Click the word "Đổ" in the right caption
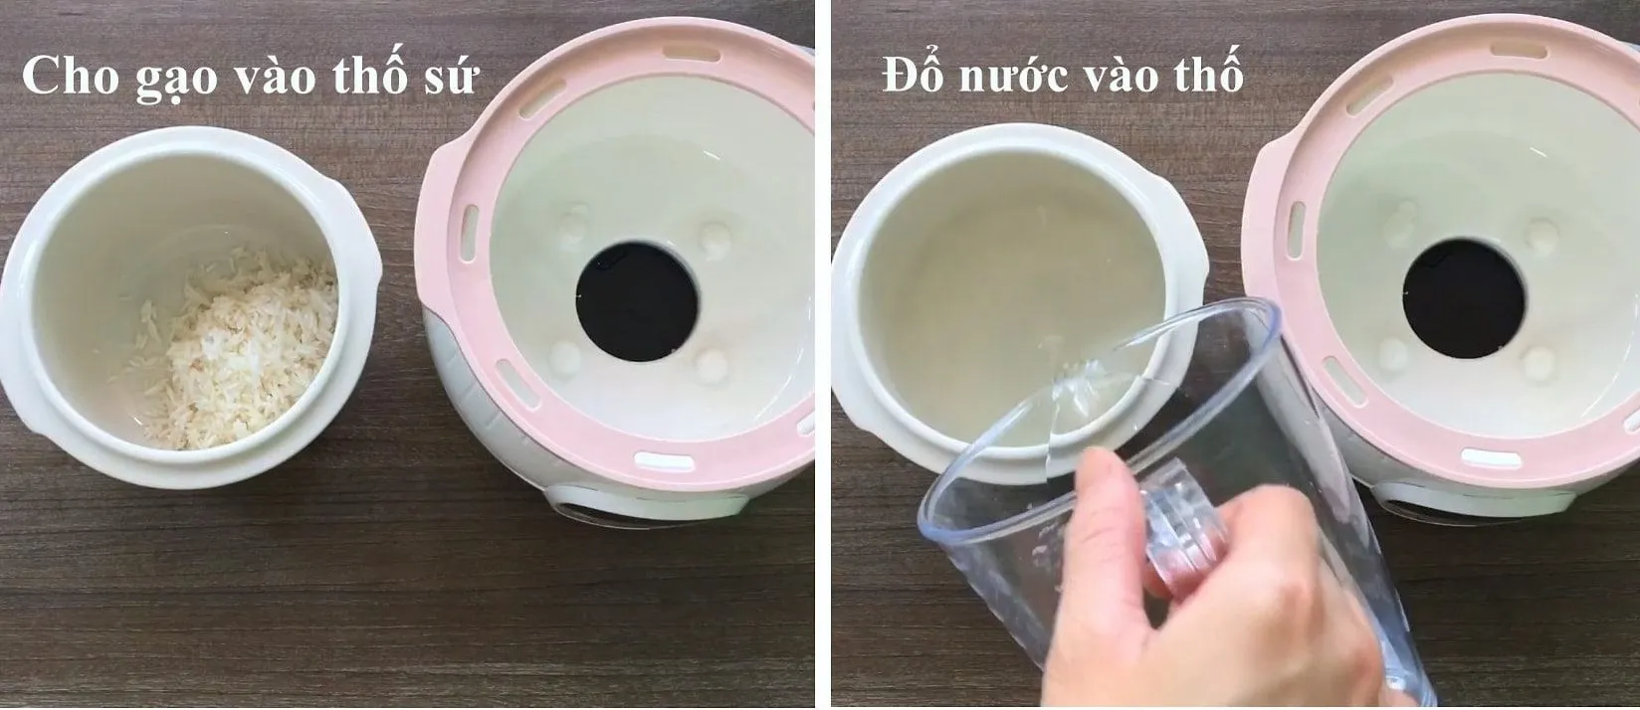coord(910,77)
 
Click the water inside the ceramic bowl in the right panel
coord(955,298)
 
